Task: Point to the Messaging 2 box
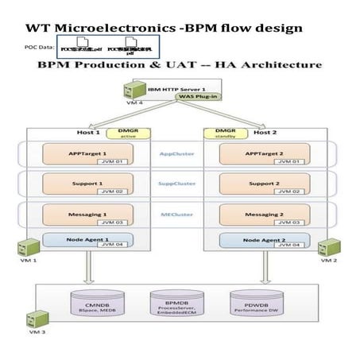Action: point(261,215)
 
